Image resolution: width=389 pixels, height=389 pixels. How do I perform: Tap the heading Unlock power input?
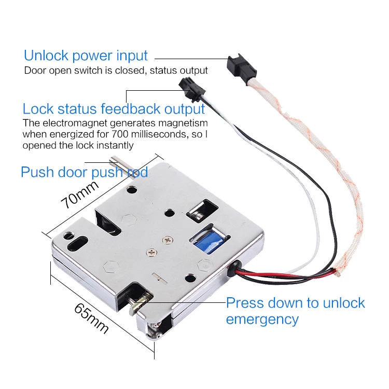click(86, 55)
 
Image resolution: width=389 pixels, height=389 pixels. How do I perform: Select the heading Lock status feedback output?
click(114, 109)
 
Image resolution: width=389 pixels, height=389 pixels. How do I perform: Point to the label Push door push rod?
click(84, 172)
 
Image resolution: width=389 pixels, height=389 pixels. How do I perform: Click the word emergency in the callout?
click(262, 319)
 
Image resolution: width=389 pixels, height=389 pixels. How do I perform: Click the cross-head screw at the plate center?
click(165, 240)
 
